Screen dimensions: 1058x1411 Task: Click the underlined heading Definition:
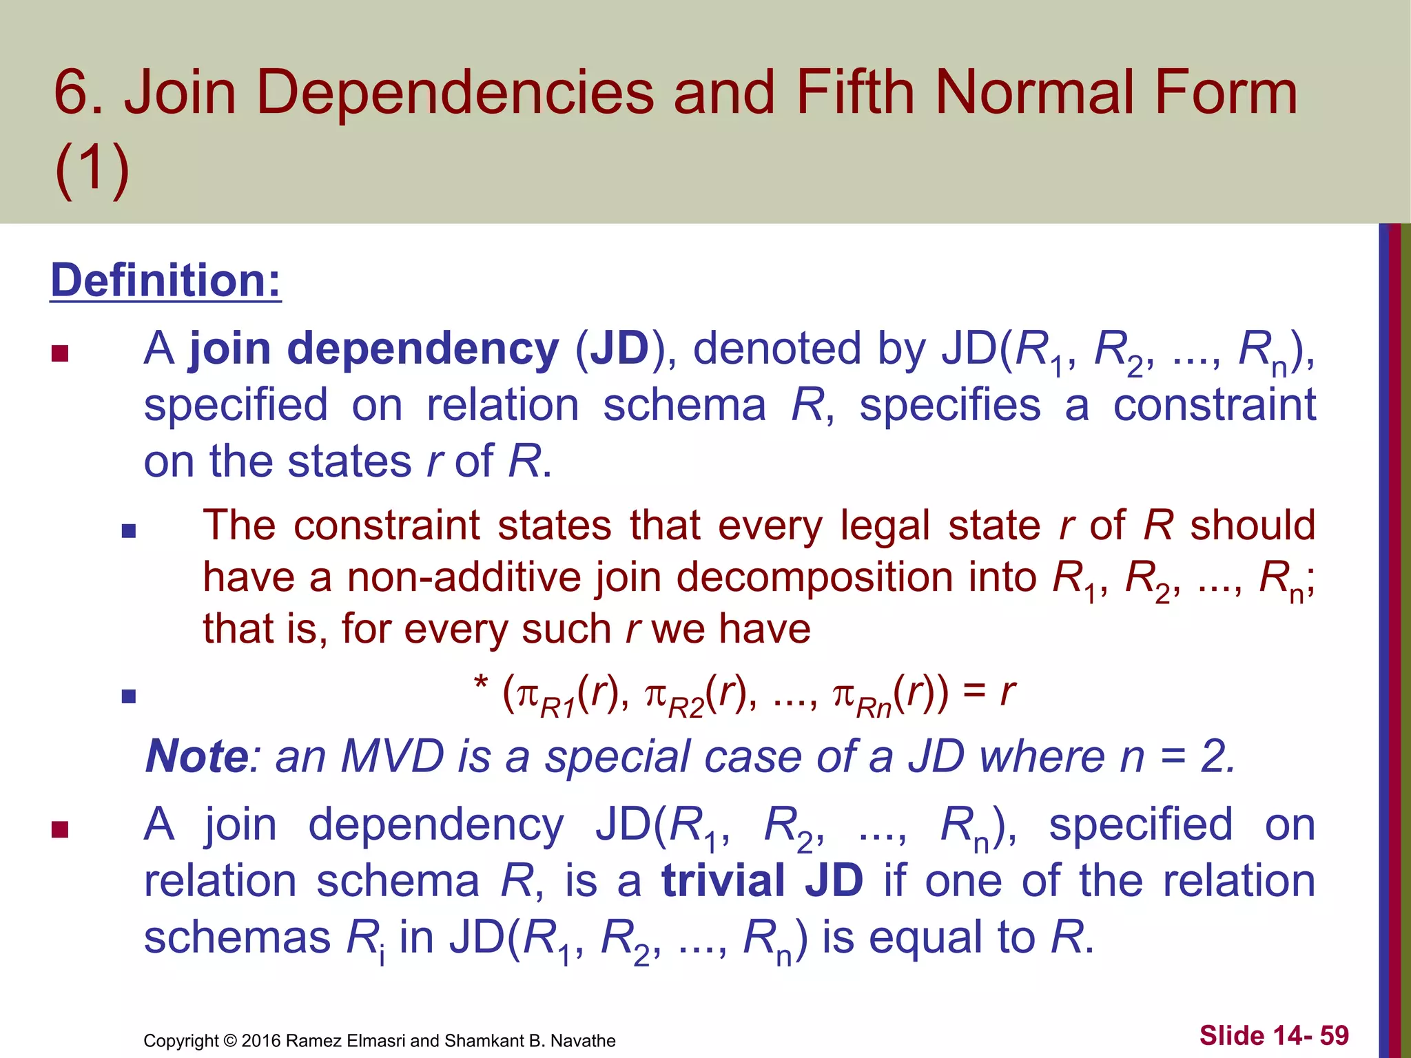(x=165, y=281)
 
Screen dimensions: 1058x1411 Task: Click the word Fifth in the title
(x=855, y=92)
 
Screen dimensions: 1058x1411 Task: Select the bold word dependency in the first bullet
(x=422, y=349)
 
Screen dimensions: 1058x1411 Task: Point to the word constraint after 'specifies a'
(x=1214, y=405)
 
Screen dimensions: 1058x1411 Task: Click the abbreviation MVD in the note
(x=393, y=756)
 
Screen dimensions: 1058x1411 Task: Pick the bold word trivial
(x=723, y=880)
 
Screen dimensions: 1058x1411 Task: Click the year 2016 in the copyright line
(x=260, y=1041)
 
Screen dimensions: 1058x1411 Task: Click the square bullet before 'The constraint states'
(x=128, y=531)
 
